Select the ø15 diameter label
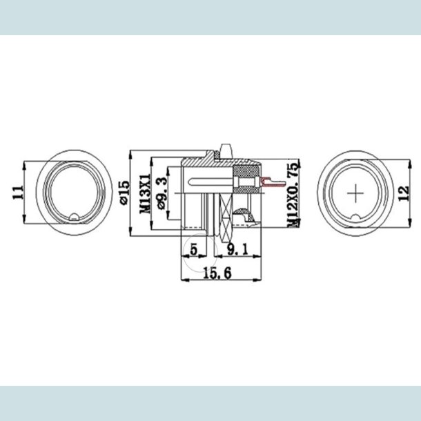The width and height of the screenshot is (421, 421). coord(124,192)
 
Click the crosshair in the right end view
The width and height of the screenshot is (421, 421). coord(355,193)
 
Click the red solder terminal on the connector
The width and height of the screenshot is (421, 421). coord(271,183)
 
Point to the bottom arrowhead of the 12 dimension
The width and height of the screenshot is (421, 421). coord(394,222)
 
